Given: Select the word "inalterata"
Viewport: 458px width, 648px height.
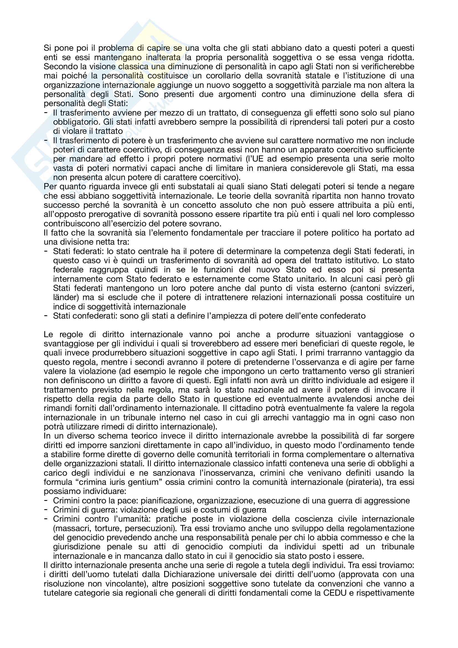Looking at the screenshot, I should (x=163, y=58).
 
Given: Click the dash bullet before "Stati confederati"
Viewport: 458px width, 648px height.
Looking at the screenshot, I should (x=46, y=316).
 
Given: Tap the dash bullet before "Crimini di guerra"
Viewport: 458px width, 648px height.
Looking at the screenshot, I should (x=46, y=509).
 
